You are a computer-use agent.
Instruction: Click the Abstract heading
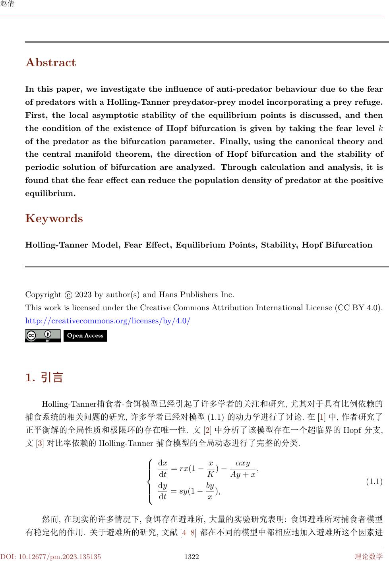coord(50,63)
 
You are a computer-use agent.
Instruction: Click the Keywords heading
coord(54,219)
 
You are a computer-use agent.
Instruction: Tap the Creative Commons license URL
coord(108,321)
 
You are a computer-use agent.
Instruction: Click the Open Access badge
coord(85,336)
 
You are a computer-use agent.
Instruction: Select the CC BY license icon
coord(43,336)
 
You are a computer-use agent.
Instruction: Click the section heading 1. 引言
coord(44,377)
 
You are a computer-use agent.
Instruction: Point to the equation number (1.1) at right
coord(374,482)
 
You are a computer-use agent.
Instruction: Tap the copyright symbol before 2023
coord(68,295)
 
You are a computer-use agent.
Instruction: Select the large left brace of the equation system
coord(150,481)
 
